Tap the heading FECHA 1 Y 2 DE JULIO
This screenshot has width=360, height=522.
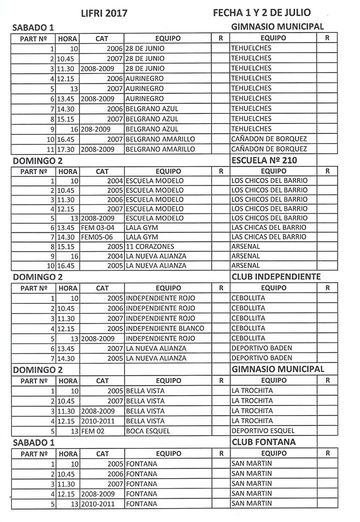tap(261, 12)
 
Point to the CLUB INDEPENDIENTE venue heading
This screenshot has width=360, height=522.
tap(276, 276)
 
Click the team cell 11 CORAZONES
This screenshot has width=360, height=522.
tap(150, 246)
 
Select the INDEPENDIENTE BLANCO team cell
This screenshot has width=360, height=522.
tap(165, 328)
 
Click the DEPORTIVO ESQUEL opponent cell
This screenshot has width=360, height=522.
tap(263, 431)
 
